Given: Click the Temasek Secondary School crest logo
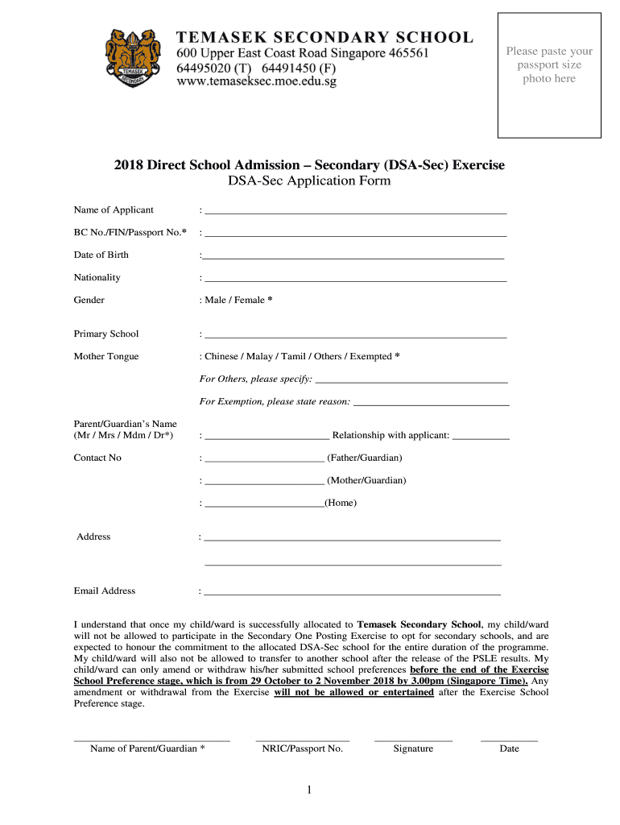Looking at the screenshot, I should click(x=134, y=57).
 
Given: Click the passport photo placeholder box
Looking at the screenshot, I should click(x=549, y=75).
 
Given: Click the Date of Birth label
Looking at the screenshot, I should click(x=101, y=255).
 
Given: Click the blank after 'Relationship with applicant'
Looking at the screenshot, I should click(x=482, y=438).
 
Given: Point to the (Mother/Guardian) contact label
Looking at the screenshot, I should click(x=366, y=480).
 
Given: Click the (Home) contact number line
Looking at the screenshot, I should click(x=264, y=506).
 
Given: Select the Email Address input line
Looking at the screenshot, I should click(x=352, y=594).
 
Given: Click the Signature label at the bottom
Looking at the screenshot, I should click(x=413, y=748).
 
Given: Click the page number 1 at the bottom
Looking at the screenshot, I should click(x=309, y=791).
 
